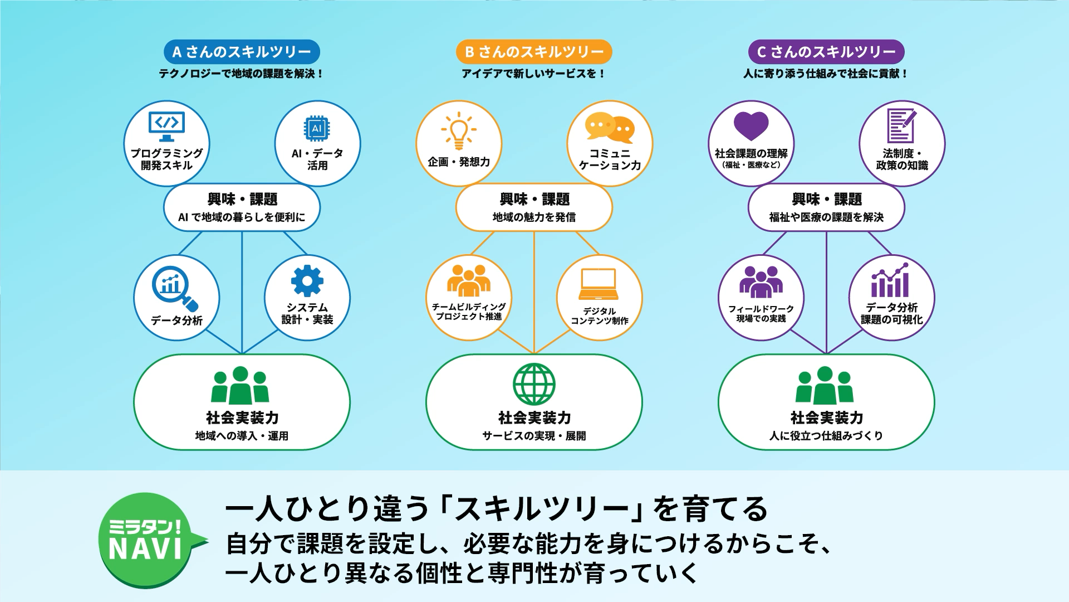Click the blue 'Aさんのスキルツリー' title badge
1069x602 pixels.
pyautogui.click(x=242, y=52)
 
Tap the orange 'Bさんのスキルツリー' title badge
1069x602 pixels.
pyautogui.click(x=534, y=52)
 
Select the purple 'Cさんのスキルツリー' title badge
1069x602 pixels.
pyautogui.click(x=826, y=52)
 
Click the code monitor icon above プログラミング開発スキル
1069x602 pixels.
pyautogui.click(x=166, y=127)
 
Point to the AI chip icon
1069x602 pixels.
pyautogui.click(x=317, y=129)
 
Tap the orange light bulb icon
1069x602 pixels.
pyautogui.click(x=459, y=130)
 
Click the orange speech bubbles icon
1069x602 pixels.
pyautogui.click(x=610, y=128)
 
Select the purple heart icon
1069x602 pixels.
pyautogui.click(x=751, y=126)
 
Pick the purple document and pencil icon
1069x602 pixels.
pyautogui.click(x=901, y=125)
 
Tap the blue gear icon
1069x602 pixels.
pyautogui.click(x=307, y=280)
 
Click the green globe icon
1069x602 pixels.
pyautogui.click(x=534, y=384)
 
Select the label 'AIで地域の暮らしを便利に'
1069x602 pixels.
pyautogui.click(x=242, y=217)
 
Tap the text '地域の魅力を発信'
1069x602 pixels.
pyautogui.click(x=534, y=217)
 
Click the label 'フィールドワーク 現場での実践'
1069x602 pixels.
pyautogui.click(x=761, y=313)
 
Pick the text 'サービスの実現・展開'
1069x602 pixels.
pyautogui.click(x=534, y=436)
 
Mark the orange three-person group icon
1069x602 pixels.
pyautogui.click(x=469, y=280)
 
